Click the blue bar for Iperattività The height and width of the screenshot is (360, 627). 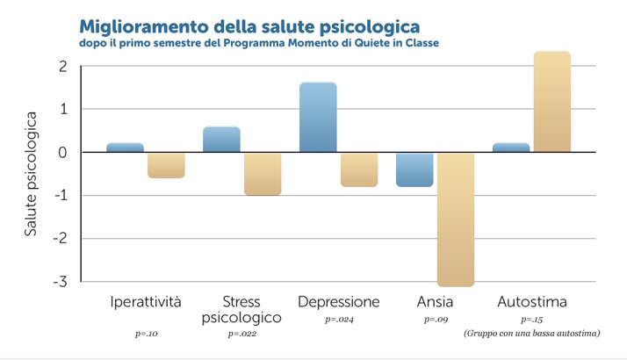click(125, 148)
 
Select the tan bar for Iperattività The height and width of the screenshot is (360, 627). click(166, 165)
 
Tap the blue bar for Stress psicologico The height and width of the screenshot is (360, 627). click(221, 140)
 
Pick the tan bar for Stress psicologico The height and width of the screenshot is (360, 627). click(263, 173)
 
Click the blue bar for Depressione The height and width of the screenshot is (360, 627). click(318, 118)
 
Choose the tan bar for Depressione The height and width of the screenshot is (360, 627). click(359, 169)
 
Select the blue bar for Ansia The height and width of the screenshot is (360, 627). click(414, 169)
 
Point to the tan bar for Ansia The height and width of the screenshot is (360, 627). click(456, 220)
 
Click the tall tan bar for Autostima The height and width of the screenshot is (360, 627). click(552, 102)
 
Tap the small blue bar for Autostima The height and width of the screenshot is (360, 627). click(511, 148)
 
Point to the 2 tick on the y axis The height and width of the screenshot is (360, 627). click(62, 67)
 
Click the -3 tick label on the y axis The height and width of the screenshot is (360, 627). click(60, 282)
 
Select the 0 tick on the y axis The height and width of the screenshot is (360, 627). click(62, 153)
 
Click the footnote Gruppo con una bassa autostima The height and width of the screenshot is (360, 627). click(531, 334)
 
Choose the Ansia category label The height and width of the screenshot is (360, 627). click(436, 302)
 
